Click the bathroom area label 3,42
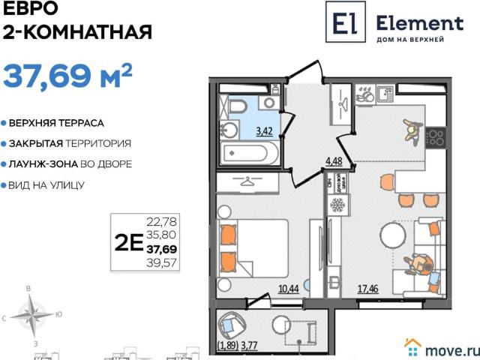[x=264, y=130]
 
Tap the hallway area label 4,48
[x=334, y=158]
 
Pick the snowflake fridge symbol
[x=337, y=205]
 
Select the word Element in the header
[x=419, y=22]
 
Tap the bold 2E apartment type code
[x=129, y=241]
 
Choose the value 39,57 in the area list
[x=161, y=262]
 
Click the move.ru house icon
[x=412, y=346]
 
